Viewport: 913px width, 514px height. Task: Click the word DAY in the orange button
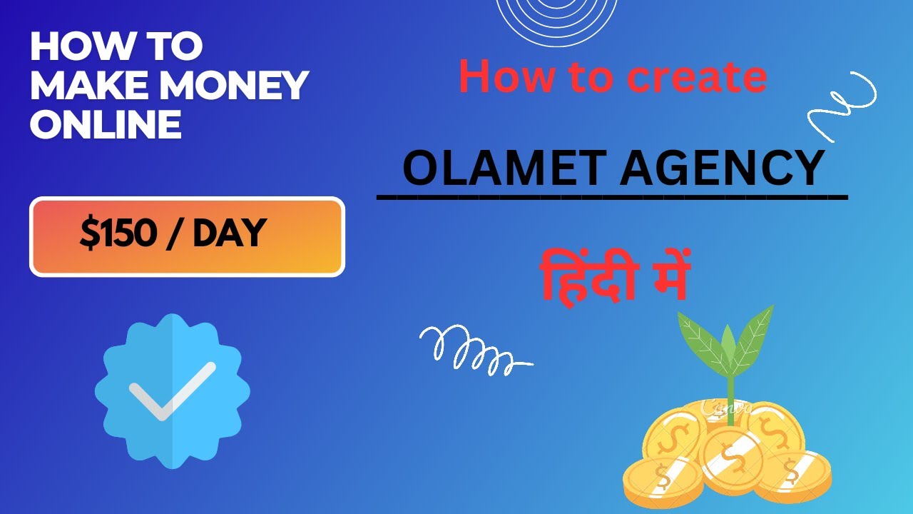(229, 233)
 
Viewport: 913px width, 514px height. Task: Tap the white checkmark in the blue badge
(172, 390)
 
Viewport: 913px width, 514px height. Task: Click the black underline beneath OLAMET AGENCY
(612, 196)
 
